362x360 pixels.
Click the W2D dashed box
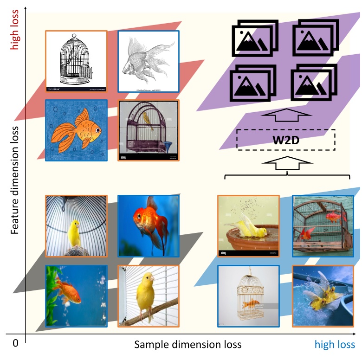pos(286,139)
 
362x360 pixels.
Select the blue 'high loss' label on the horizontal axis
pos(335,344)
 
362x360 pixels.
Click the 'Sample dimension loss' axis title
pos(188,344)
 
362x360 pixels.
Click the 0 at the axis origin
pos(15,343)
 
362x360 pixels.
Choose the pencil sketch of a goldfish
pos(149,61)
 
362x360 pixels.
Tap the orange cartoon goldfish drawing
pos(76,130)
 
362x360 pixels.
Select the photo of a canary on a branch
pos(149,296)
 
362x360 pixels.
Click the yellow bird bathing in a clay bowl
pos(248,226)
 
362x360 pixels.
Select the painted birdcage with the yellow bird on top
pos(149,130)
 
